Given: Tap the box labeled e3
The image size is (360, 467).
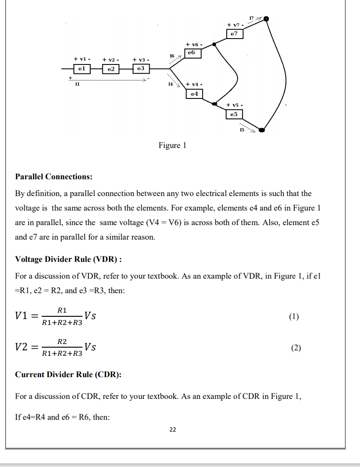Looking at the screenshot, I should coord(141,68).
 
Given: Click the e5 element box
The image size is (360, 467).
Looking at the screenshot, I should coord(234,114).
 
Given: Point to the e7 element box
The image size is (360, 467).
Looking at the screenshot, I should coord(234,34).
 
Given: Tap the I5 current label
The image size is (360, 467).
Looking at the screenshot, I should coord(242,130).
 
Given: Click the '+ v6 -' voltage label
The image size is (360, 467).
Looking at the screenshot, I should coord(193,44).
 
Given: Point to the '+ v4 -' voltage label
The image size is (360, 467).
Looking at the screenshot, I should coord(194,84).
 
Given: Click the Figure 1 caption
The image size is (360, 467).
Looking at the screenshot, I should coord(172,146).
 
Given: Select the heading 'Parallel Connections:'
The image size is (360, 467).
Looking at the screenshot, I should coord(54,177).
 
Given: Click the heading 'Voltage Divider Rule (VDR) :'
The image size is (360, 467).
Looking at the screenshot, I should coord(68,259).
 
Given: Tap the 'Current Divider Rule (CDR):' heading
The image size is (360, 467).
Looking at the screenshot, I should coord(68,374).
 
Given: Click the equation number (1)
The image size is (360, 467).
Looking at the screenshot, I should coord(294,317).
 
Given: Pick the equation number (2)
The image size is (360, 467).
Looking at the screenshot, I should coord(296,348).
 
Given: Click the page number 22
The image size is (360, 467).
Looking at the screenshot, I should coord(172,429).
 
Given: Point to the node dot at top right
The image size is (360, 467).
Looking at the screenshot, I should coord(267,19).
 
